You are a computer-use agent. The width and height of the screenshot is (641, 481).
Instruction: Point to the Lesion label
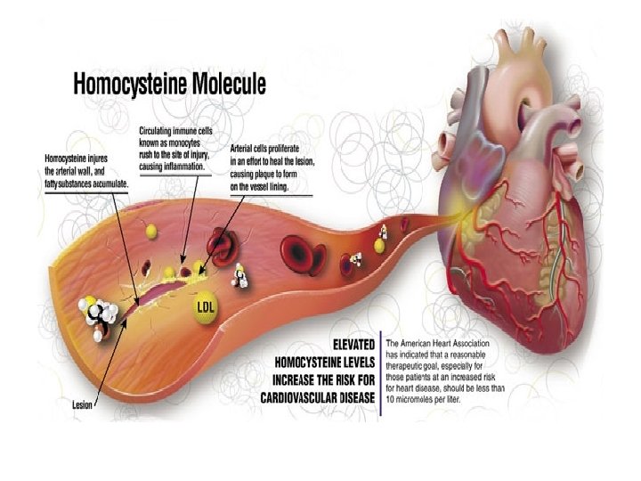click(83, 404)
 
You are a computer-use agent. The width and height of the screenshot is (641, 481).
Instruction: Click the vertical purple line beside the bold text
click(380, 374)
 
